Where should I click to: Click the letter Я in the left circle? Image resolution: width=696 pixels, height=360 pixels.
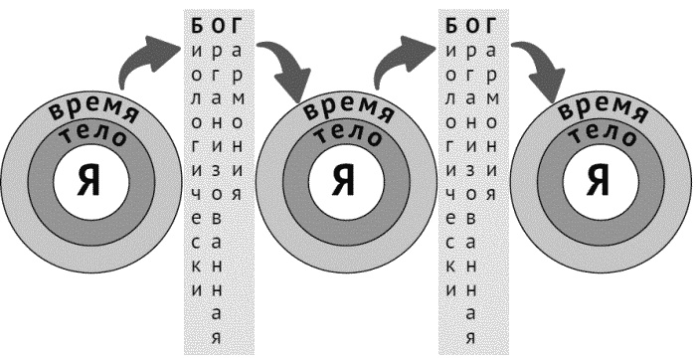click(89, 179)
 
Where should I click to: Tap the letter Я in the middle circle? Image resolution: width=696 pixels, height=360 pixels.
click(344, 179)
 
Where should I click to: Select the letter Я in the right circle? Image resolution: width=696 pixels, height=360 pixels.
click(599, 179)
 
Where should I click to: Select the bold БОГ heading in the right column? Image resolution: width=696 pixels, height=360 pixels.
click(471, 27)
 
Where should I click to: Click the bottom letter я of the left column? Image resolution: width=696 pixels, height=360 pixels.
click(216, 338)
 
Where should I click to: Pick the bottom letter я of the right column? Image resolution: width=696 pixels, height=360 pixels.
click(471, 338)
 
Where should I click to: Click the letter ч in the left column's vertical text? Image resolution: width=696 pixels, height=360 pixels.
click(197, 194)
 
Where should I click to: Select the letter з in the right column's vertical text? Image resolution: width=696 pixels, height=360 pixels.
click(471, 170)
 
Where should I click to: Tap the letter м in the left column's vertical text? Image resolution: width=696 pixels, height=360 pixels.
click(238, 98)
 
